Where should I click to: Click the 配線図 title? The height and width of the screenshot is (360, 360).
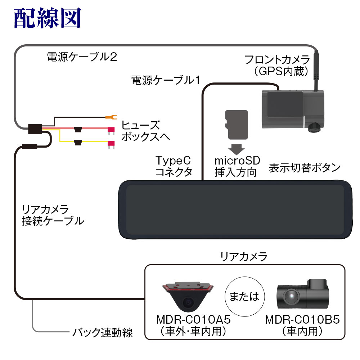[x=47, y=18]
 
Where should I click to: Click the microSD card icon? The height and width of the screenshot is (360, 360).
[x=236, y=124]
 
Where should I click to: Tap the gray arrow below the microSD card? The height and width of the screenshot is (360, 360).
[x=236, y=149]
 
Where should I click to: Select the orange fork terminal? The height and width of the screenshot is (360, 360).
[x=110, y=117]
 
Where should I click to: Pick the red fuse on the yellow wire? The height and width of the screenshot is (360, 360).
[x=111, y=144]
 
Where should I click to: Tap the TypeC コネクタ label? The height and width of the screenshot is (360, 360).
[x=174, y=166]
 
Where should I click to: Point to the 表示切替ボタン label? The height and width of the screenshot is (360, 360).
[x=305, y=168]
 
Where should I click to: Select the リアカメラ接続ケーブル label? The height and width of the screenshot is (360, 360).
[x=53, y=215]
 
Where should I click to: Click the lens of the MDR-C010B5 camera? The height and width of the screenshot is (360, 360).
[x=290, y=296]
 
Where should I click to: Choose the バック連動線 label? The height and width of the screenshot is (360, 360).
[x=102, y=332]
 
